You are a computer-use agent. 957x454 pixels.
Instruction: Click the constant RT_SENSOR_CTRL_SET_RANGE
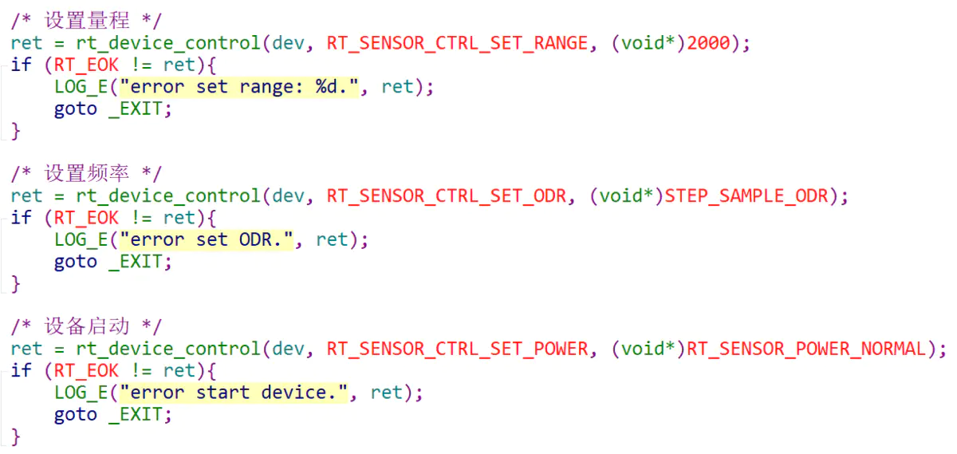click(458, 43)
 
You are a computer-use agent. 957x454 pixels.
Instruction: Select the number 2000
click(708, 43)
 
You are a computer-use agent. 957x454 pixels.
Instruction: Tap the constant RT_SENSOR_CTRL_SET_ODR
click(447, 195)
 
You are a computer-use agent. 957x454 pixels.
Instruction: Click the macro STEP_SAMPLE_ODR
click(746, 195)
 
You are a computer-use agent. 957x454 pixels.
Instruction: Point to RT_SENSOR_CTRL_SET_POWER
click(458, 349)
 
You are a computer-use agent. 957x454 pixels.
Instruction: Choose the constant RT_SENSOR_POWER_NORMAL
click(806, 349)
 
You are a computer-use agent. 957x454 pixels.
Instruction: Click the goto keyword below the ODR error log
click(75, 262)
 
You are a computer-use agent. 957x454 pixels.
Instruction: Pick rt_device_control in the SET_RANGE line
click(168, 43)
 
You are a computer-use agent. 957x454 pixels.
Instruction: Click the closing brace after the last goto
click(16, 436)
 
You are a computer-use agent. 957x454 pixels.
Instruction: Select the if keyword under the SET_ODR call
click(21, 218)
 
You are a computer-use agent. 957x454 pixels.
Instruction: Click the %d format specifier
click(326, 87)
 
